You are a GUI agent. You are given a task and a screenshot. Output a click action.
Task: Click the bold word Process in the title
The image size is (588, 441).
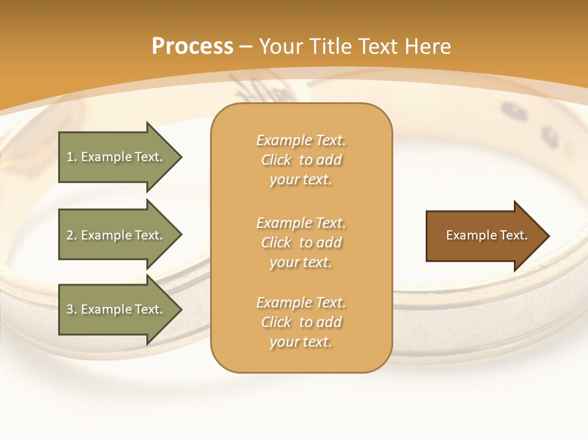(x=192, y=47)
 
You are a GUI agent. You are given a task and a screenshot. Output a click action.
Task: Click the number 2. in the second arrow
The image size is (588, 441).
(x=72, y=235)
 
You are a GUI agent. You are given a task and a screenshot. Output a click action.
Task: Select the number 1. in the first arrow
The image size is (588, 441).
(x=72, y=157)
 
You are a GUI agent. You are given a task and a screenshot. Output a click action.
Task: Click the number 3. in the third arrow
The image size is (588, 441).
(x=72, y=309)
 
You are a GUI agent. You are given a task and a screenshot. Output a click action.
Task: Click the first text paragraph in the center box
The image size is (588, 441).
(x=301, y=160)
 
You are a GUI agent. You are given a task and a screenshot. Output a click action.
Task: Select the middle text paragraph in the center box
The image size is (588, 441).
(x=301, y=243)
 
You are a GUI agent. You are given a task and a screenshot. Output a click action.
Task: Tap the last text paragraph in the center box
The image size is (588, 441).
(x=301, y=322)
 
